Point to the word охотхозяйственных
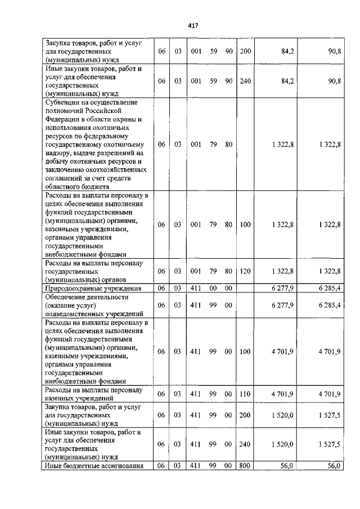click(115, 170)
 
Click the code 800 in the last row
click(245, 466)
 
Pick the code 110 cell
click(245, 394)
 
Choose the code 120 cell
click(245, 271)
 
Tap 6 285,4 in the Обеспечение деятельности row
click(329, 305)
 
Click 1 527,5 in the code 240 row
click(329, 444)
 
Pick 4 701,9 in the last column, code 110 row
click(329, 394)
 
